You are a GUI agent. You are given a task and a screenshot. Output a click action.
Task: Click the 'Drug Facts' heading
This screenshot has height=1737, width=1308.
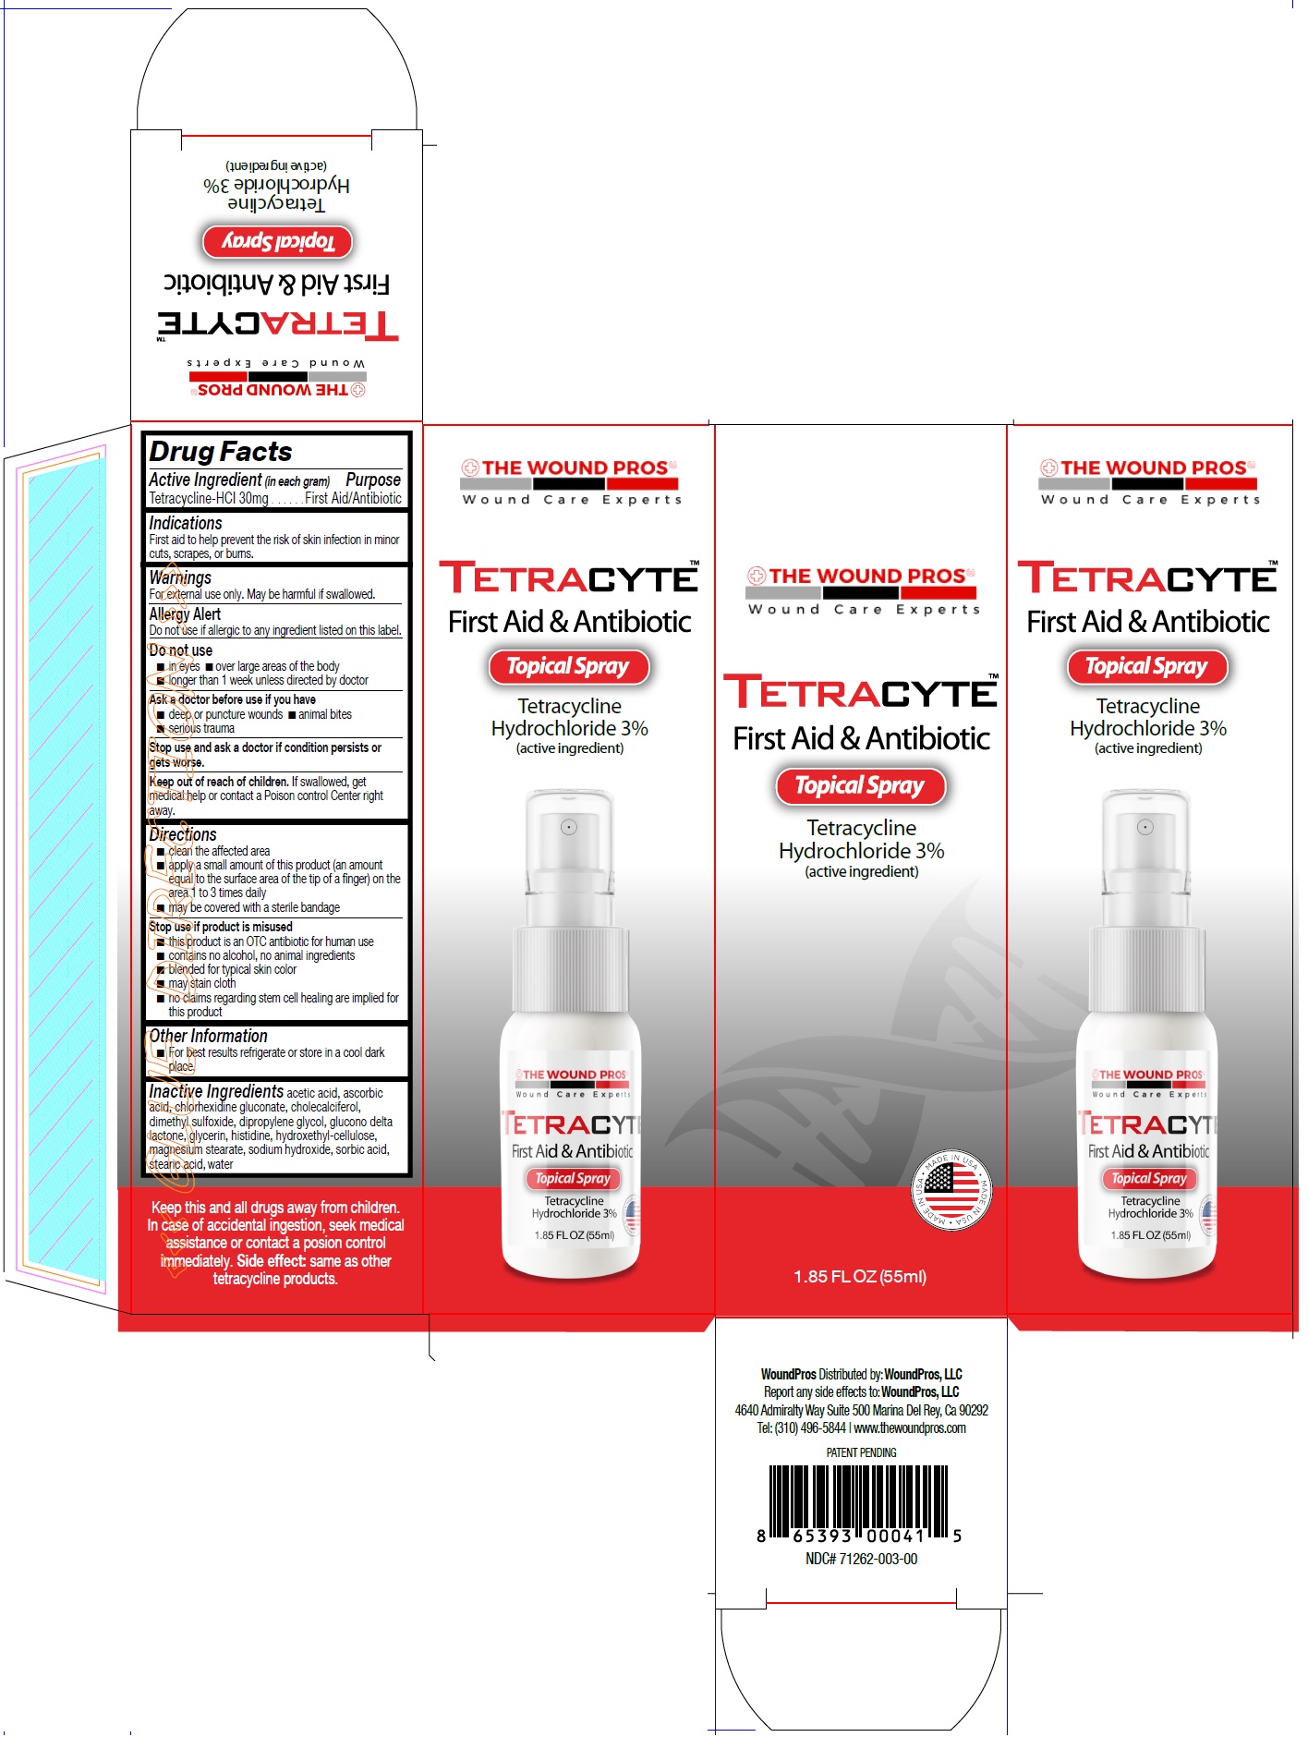coord(221,452)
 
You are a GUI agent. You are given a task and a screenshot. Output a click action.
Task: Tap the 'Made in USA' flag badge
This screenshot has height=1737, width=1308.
coord(952,1189)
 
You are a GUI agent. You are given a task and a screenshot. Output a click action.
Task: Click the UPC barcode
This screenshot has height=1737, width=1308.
coord(860,1502)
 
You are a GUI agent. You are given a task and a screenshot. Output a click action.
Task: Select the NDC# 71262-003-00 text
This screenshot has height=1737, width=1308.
coord(861,1559)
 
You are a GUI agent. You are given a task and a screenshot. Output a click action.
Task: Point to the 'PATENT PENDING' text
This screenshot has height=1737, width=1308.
coord(861,1452)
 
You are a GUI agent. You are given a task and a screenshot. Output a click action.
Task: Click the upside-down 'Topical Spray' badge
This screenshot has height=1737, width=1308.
coord(277,242)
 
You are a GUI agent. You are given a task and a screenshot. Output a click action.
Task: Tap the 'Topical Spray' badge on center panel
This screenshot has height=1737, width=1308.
coord(860,786)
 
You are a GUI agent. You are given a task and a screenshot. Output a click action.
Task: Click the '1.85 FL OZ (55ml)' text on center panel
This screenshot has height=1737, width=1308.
coord(860,1277)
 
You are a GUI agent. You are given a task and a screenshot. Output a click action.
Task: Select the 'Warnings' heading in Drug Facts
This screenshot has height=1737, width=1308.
coord(180,577)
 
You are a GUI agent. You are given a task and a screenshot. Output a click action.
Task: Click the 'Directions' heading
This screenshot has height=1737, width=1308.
coord(183,834)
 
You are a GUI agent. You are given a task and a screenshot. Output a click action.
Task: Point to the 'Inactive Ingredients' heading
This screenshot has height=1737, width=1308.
coord(216,1091)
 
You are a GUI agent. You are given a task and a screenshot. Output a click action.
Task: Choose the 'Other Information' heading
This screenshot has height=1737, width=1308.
coord(208,1037)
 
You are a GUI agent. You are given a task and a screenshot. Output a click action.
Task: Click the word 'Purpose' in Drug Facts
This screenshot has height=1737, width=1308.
coord(373,480)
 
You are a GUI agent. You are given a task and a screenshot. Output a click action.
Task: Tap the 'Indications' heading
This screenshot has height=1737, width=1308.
coord(186,523)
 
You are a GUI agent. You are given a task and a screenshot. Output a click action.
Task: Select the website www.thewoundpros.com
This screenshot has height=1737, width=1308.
coord(910,1428)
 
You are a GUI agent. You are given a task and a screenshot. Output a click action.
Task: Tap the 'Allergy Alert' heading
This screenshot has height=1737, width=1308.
coord(185,614)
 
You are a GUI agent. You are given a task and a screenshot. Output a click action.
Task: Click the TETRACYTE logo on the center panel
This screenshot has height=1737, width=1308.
coord(860,692)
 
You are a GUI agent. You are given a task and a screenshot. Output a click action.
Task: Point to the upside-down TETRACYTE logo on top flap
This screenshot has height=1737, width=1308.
coord(277,324)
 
